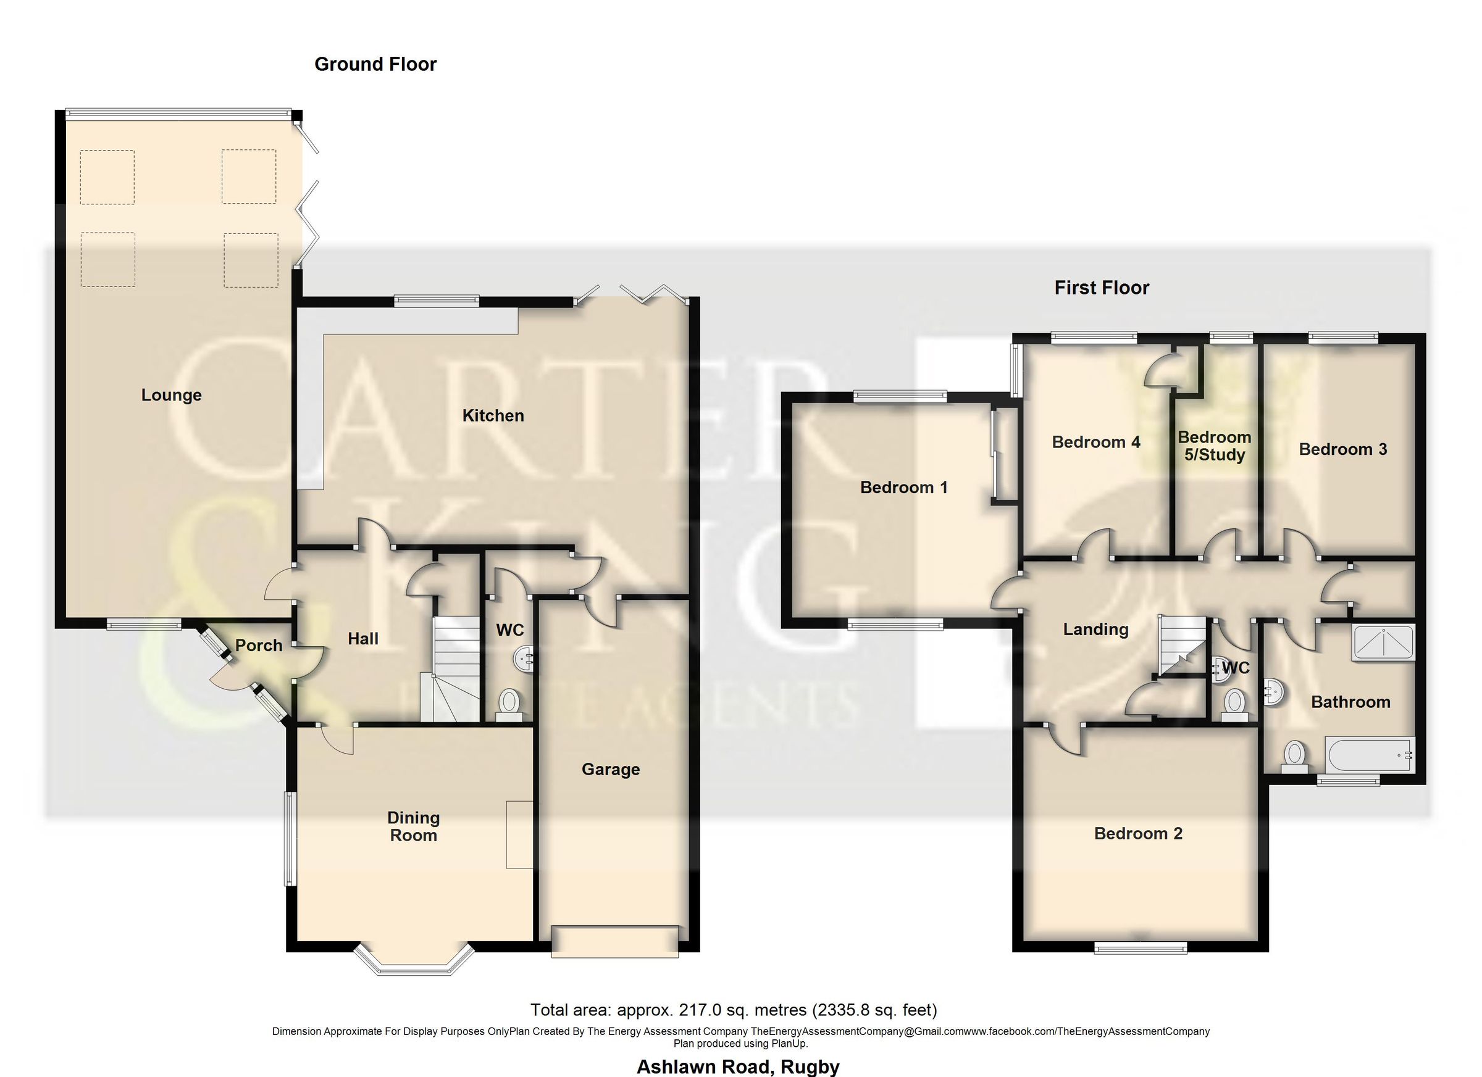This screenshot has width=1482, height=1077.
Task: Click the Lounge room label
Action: [171, 395]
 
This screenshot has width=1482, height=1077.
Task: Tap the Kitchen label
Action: [493, 415]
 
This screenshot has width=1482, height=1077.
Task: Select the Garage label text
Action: [610, 770]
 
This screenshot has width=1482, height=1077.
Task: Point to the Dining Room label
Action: [413, 826]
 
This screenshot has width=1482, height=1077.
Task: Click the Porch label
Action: [258, 646]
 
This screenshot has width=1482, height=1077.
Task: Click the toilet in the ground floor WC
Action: [508, 705]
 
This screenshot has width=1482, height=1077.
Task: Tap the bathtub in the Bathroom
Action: [1370, 754]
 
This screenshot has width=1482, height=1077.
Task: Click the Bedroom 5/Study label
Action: [1214, 446]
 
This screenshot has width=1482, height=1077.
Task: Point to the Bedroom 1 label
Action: [903, 487]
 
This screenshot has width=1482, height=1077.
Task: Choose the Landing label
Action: [1095, 629]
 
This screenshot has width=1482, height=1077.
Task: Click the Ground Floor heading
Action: [375, 64]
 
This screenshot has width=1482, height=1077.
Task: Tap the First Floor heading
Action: [1101, 288]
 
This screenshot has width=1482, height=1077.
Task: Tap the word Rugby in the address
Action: [810, 1067]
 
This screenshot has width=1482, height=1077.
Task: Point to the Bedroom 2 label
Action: [1137, 833]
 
